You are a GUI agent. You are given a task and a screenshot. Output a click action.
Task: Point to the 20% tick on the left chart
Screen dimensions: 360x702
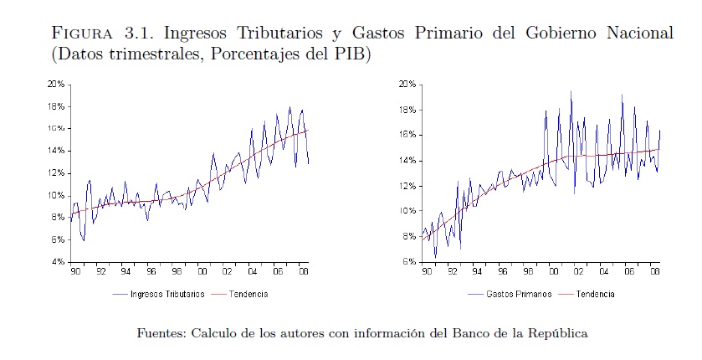tap(57, 85)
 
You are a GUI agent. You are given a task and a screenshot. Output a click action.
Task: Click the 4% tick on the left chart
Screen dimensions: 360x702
tap(59, 262)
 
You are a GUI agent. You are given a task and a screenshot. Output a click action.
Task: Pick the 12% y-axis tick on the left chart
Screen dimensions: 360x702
tap(57, 173)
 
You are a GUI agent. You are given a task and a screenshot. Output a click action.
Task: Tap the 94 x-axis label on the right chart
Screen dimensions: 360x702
tap(476, 271)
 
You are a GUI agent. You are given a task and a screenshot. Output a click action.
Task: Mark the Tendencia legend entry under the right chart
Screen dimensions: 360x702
tap(595, 295)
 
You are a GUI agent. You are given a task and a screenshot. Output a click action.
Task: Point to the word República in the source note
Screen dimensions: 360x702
tap(557, 333)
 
